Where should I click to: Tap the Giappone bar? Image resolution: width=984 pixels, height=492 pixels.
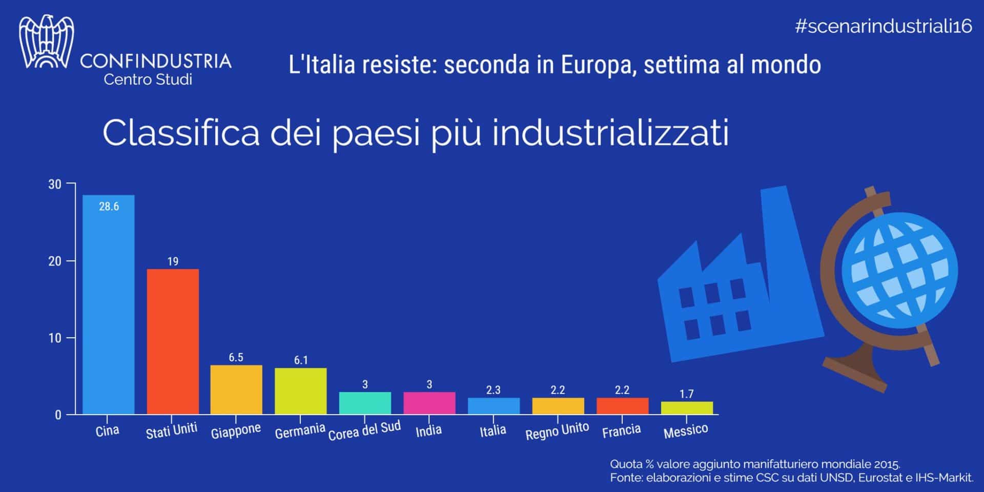pyautogui.click(x=236, y=389)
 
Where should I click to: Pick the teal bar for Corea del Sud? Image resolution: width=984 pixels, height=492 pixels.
pyautogui.click(x=365, y=403)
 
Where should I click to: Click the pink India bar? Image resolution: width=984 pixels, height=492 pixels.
pyautogui.click(x=429, y=403)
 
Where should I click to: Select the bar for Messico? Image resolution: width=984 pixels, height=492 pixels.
pyautogui.click(x=687, y=408)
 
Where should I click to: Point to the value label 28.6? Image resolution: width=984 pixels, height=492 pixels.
pyautogui.click(x=109, y=207)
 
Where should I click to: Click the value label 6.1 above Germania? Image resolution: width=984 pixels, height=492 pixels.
pyautogui.click(x=301, y=360)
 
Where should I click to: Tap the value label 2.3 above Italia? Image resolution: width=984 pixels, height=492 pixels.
pyautogui.click(x=493, y=390)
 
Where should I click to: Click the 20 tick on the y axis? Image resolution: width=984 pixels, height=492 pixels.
pyautogui.click(x=54, y=261)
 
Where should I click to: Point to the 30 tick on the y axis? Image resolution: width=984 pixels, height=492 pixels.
pyautogui.click(x=54, y=184)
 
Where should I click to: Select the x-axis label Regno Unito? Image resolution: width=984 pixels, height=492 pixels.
pyautogui.click(x=557, y=431)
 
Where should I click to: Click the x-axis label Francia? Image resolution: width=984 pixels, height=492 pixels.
pyautogui.click(x=621, y=430)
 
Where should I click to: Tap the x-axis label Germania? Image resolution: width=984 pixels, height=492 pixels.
pyautogui.click(x=300, y=431)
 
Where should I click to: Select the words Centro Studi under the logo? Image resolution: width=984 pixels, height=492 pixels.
pyautogui.click(x=148, y=80)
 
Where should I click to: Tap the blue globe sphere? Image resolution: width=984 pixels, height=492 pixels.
pyautogui.click(x=899, y=270)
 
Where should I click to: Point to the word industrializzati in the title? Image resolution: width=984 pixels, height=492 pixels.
pyautogui.click(x=610, y=133)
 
